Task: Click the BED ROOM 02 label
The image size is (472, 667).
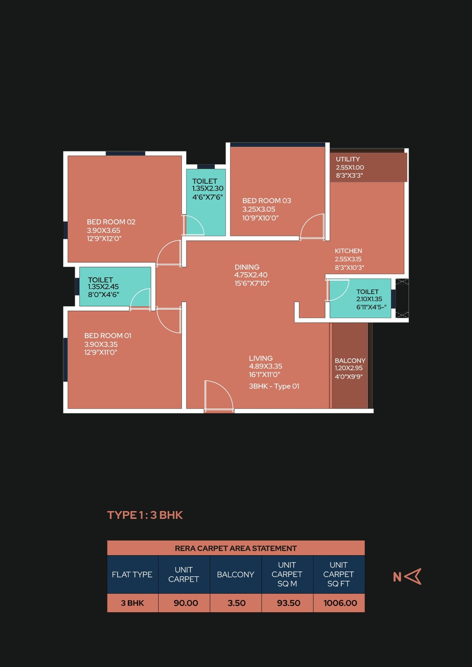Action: coord(111,222)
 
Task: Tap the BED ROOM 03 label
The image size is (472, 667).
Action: coord(266,201)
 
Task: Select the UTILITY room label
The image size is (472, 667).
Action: coord(348,159)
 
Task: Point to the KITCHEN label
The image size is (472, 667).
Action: coord(348,251)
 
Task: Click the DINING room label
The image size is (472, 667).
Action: coord(247,267)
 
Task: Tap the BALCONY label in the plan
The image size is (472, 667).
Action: coord(350,361)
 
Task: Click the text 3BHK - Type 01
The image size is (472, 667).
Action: coord(274,386)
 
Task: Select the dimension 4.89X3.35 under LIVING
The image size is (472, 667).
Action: coord(265,366)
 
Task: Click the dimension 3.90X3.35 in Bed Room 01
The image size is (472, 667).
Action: coord(101,344)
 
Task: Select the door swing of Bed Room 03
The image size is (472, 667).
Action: coord(312,227)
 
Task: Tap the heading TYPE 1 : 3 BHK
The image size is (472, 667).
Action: coord(145,515)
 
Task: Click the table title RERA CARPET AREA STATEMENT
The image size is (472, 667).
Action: coord(236,548)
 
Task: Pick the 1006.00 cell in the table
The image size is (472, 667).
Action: coord(340,603)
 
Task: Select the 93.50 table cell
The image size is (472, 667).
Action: coord(288,603)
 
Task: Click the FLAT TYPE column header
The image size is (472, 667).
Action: coord(132,574)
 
